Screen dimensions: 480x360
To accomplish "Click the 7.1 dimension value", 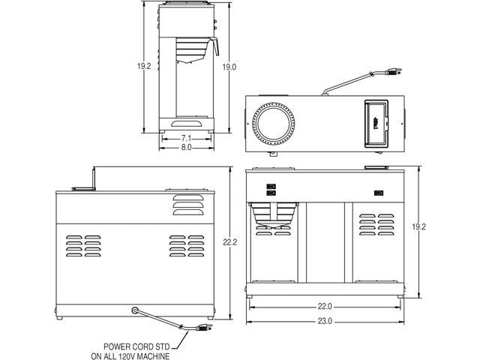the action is (186, 139).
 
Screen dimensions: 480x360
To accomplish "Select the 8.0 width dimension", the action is (186, 148).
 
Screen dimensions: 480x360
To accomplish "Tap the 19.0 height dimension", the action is (229, 67).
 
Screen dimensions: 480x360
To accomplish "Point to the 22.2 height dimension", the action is (230, 242).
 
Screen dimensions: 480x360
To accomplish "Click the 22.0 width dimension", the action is (325, 307).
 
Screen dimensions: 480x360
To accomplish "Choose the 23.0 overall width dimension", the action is (325, 321).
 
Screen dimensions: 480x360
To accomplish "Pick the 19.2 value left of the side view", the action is (144, 66).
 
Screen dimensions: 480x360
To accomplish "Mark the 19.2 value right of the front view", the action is (418, 226).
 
